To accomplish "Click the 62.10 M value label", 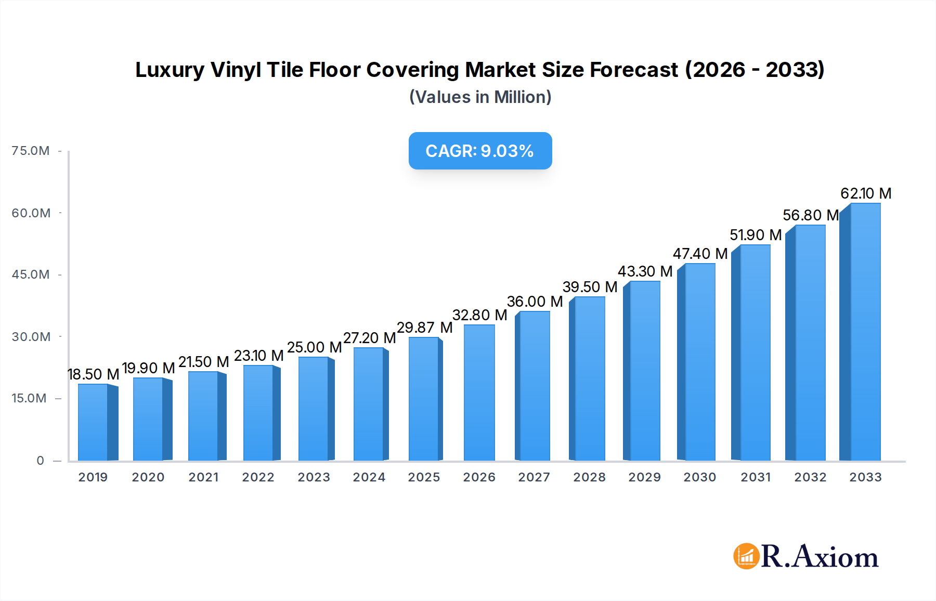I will pyautogui.click(x=866, y=193).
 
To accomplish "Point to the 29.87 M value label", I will pyautogui.click(x=424, y=328).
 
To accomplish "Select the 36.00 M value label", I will pyautogui.click(x=535, y=302).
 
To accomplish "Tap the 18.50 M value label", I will pyautogui.click(x=94, y=374).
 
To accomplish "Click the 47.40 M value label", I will pyautogui.click(x=700, y=254).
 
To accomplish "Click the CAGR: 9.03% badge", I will pyautogui.click(x=480, y=151).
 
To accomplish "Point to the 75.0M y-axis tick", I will pyautogui.click(x=31, y=151).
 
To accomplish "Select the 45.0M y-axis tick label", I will pyautogui.click(x=31, y=275).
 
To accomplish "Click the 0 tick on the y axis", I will pyautogui.click(x=40, y=461).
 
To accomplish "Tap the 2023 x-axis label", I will pyautogui.click(x=314, y=477).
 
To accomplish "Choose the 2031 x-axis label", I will pyautogui.click(x=756, y=477).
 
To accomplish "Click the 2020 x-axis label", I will pyautogui.click(x=148, y=477).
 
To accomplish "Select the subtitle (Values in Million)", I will pyautogui.click(x=480, y=97).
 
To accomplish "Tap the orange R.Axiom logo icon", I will pyautogui.click(x=746, y=556).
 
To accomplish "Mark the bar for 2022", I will pyautogui.click(x=258, y=413).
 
